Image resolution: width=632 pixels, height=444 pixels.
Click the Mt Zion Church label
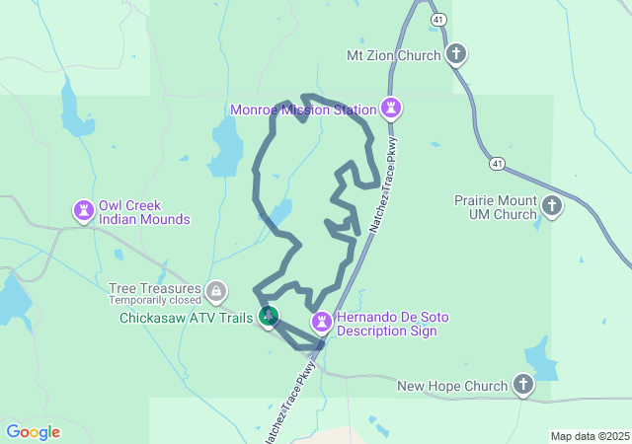[x=393, y=55]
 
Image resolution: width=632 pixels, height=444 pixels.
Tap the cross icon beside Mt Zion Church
[x=456, y=55]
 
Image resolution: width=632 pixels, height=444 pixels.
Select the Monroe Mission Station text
[x=303, y=110]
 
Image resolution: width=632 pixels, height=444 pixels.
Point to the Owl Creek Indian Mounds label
[x=144, y=212]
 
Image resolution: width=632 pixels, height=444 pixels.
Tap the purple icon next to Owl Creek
[x=85, y=210]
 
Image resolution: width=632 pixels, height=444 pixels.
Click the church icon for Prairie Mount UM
[x=552, y=206]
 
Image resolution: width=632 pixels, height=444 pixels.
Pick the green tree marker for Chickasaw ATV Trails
[x=268, y=317]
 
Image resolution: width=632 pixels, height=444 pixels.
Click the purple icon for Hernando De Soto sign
[x=322, y=322]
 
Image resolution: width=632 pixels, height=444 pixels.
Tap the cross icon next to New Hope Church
[x=523, y=385]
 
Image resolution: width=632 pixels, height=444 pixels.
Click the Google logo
[x=33, y=432]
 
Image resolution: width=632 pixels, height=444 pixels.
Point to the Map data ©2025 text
[x=590, y=436]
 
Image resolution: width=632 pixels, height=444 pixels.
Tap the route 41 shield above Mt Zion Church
[x=436, y=19]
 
